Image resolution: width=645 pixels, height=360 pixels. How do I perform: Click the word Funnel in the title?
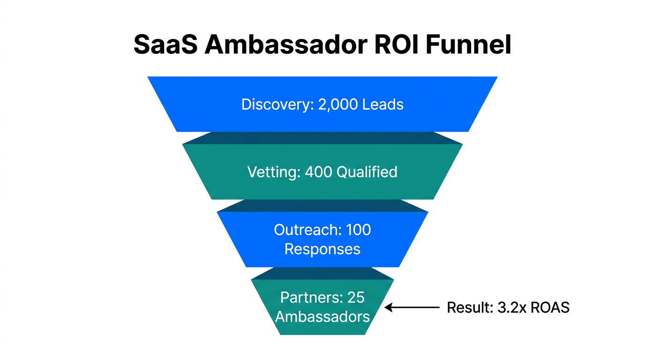(x=469, y=45)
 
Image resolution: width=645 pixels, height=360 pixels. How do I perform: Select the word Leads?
(x=383, y=104)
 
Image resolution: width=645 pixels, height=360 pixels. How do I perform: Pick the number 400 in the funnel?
(x=319, y=172)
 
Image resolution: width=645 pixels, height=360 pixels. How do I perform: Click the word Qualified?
(x=367, y=172)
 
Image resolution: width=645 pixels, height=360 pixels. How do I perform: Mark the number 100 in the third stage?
(x=358, y=230)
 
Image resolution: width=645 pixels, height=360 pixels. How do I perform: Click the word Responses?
(x=322, y=249)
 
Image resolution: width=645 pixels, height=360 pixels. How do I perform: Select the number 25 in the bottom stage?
(x=356, y=298)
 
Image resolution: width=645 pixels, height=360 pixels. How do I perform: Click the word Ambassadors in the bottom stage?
(x=322, y=317)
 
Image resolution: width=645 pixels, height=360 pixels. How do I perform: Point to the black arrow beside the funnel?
(x=412, y=307)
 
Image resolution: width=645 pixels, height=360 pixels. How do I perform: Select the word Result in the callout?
(x=467, y=307)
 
